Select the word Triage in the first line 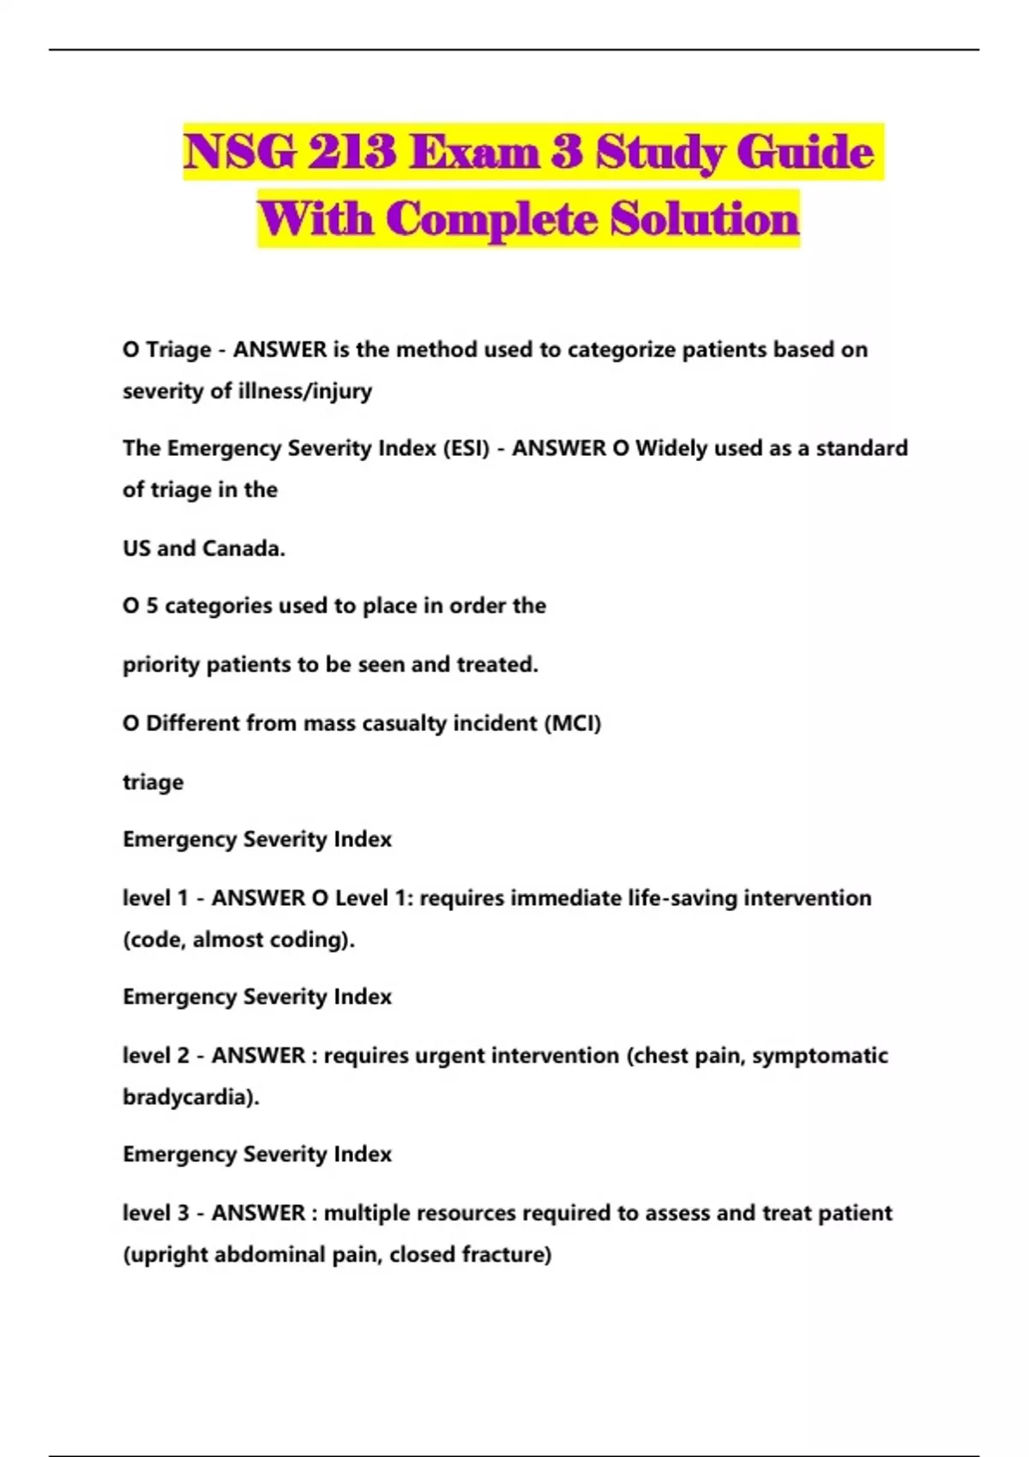tap(178, 350)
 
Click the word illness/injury tap(304, 391)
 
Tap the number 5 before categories tap(152, 606)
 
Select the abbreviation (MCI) tap(573, 723)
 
